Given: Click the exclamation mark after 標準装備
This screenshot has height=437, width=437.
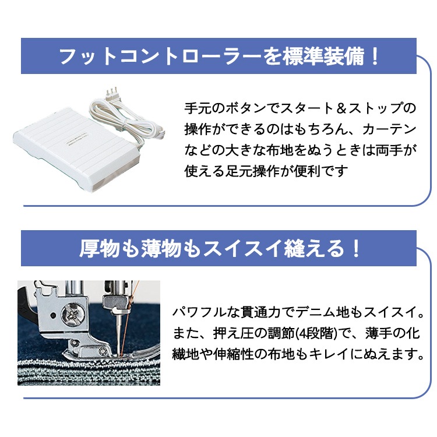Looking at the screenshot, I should [x=373, y=57].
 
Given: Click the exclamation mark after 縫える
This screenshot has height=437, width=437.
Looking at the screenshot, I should [x=355, y=249].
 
